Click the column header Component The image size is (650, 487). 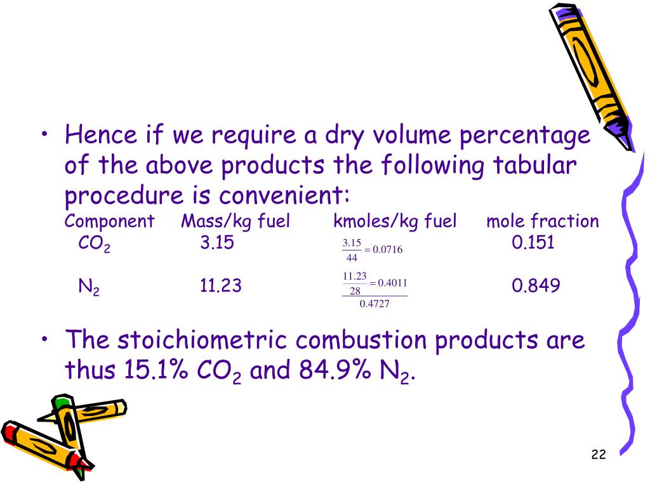tap(109, 221)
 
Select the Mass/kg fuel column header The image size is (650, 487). tap(235, 221)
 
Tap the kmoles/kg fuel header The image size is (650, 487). tap(395, 221)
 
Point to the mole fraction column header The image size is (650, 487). tap(543, 221)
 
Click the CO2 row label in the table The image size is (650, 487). tap(94, 243)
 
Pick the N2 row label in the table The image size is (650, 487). tap(88, 287)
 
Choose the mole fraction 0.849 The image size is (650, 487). tap(536, 286)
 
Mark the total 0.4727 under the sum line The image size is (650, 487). tap(374, 304)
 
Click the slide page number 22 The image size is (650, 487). tap(598, 454)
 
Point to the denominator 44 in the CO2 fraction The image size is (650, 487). tap(352, 257)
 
